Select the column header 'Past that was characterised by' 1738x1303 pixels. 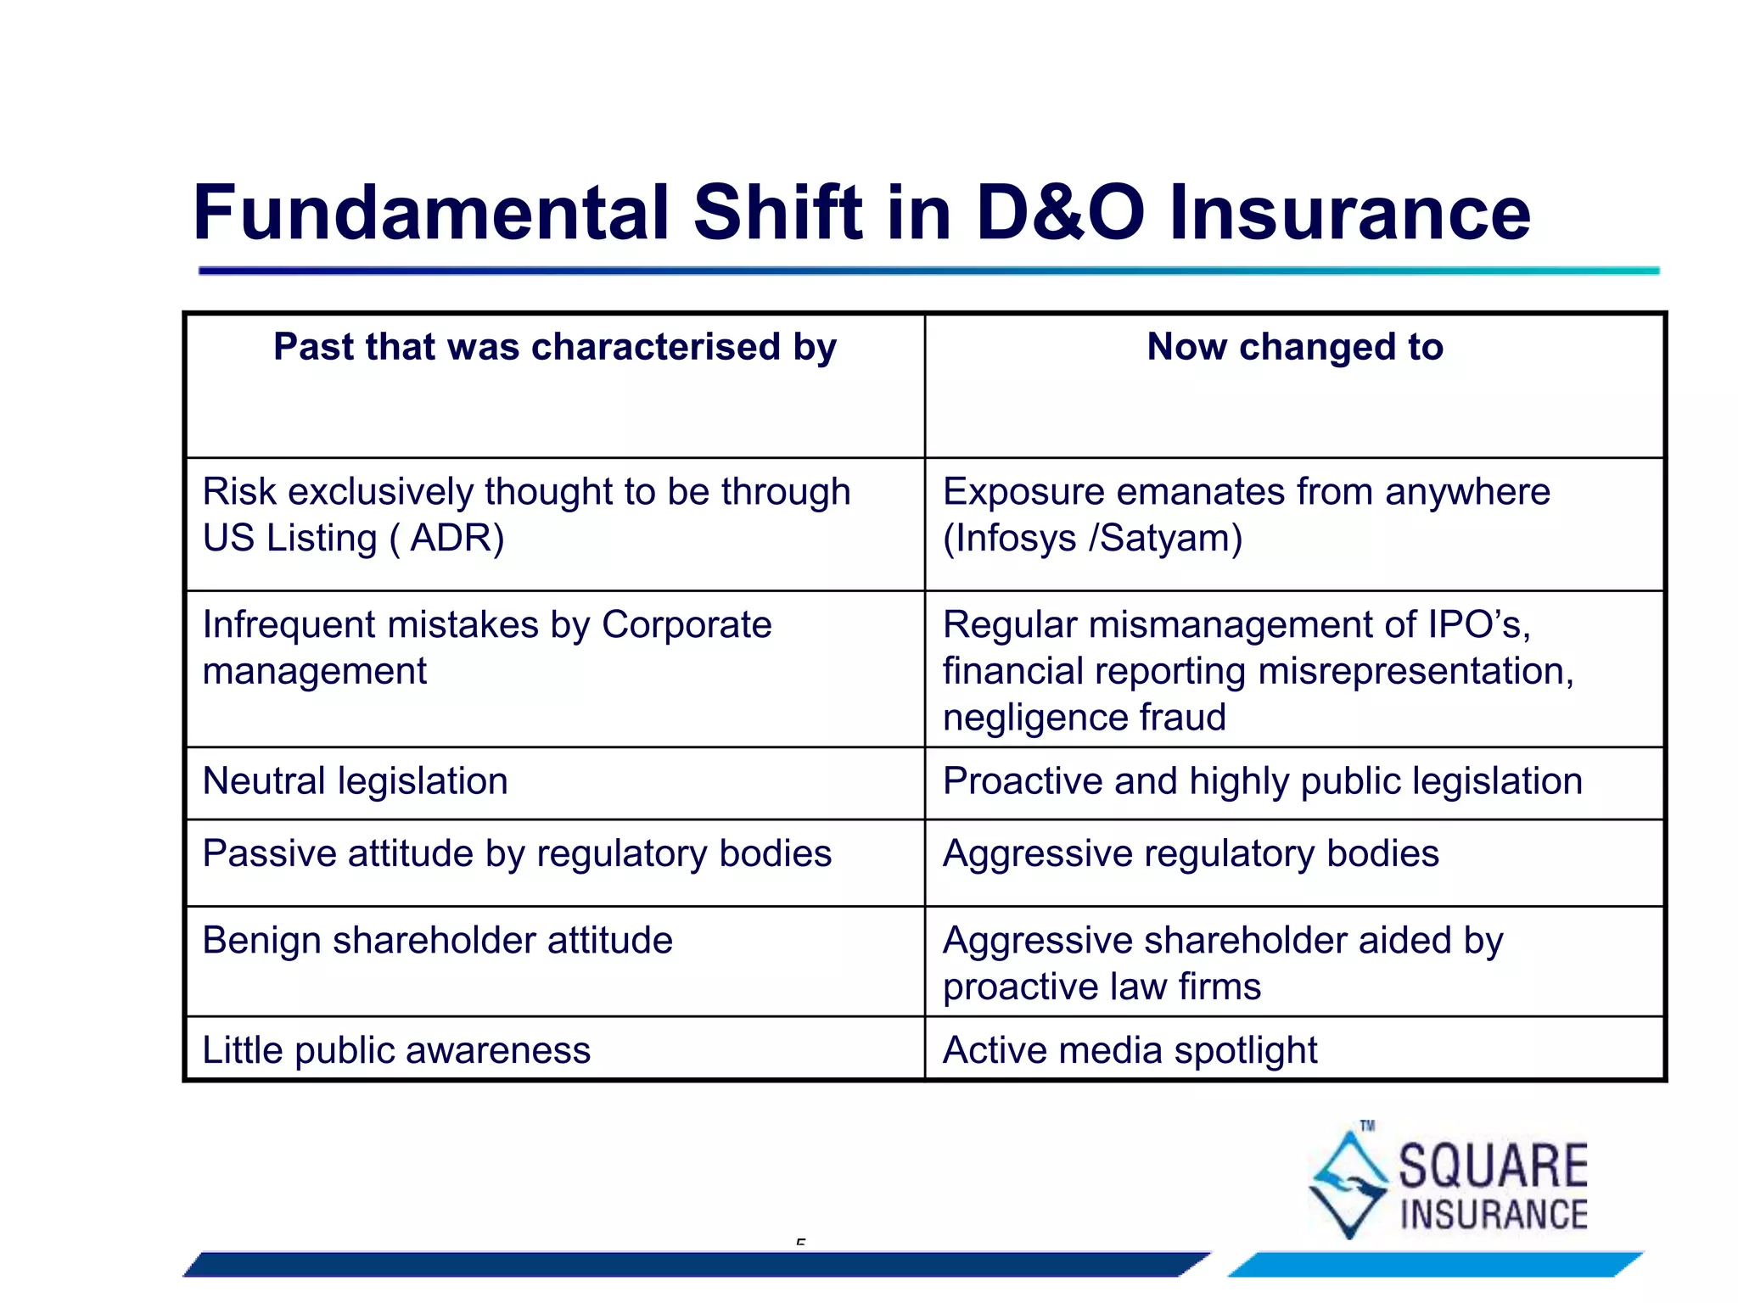[x=555, y=347]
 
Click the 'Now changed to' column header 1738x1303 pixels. [x=1294, y=347]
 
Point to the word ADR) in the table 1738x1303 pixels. [x=457, y=538]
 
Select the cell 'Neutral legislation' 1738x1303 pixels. [x=355, y=781]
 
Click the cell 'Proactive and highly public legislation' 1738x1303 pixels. [x=1262, y=781]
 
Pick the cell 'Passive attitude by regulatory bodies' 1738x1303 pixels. [x=517, y=853]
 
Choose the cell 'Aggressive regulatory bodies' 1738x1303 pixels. [x=1191, y=853]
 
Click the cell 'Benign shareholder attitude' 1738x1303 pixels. [x=437, y=941]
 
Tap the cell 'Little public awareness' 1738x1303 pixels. [x=396, y=1050]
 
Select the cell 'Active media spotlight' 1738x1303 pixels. [x=1130, y=1050]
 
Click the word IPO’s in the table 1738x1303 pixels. [x=1479, y=625]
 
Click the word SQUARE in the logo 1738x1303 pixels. [x=1493, y=1166]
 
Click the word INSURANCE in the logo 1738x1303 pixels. [x=1494, y=1215]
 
